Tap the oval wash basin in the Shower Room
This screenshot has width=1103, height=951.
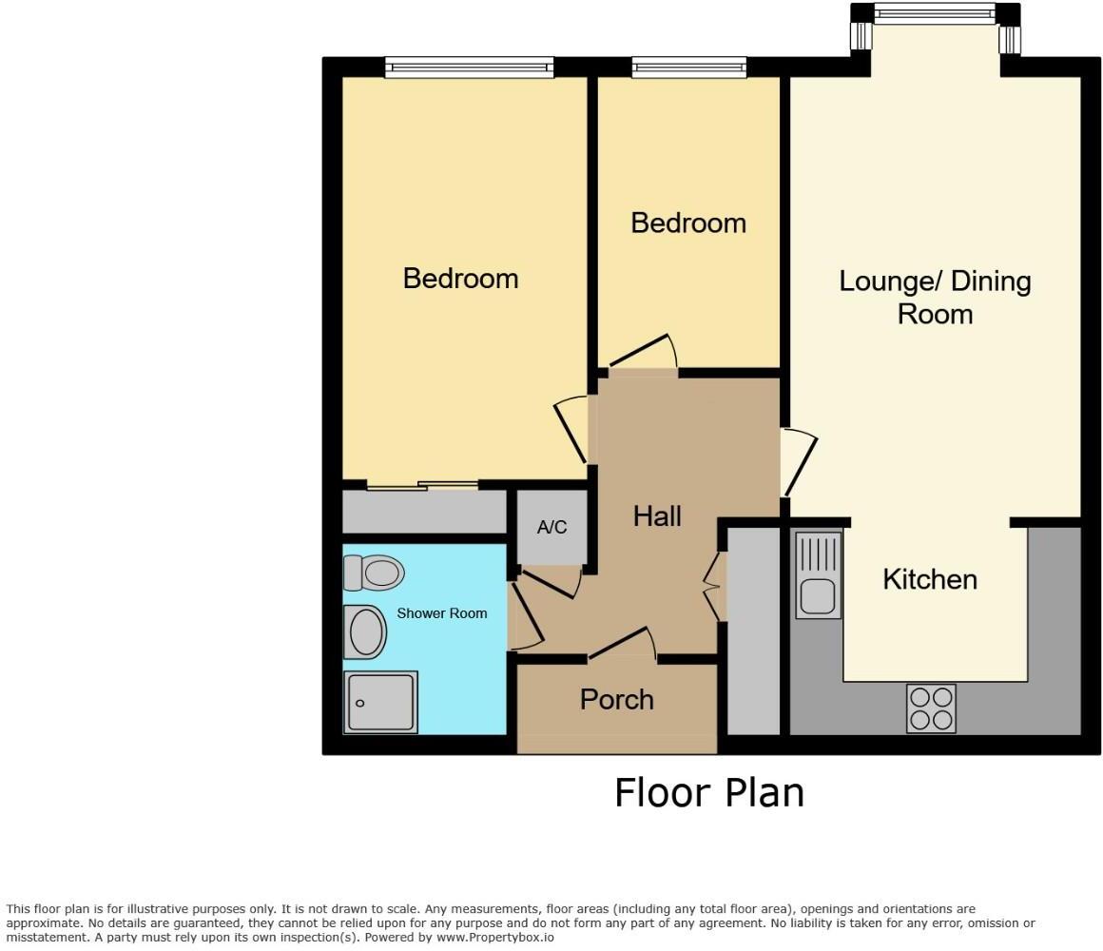(364, 631)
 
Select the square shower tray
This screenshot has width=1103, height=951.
(380, 702)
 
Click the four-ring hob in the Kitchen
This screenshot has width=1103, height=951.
(931, 708)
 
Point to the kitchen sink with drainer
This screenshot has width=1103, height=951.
(818, 574)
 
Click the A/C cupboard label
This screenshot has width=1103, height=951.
(551, 527)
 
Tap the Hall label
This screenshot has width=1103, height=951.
(657, 516)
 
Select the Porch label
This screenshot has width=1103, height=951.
(616, 700)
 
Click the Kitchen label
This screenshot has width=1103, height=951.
(929, 579)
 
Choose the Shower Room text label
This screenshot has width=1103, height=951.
(441, 613)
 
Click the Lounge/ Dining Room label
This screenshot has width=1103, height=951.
(935, 297)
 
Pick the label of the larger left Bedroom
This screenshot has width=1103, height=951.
(460, 279)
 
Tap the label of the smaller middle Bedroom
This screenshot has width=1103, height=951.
(687, 223)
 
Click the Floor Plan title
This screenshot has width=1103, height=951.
(708, 792)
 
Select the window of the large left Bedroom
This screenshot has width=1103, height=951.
(469, 68)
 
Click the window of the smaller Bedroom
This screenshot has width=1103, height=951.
(688, 68)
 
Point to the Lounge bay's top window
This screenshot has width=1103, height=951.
(934, 13)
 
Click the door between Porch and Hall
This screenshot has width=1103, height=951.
(623, 645)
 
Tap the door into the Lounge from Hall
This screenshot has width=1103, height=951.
(801, 462)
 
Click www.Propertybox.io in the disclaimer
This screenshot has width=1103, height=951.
(494, 937)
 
